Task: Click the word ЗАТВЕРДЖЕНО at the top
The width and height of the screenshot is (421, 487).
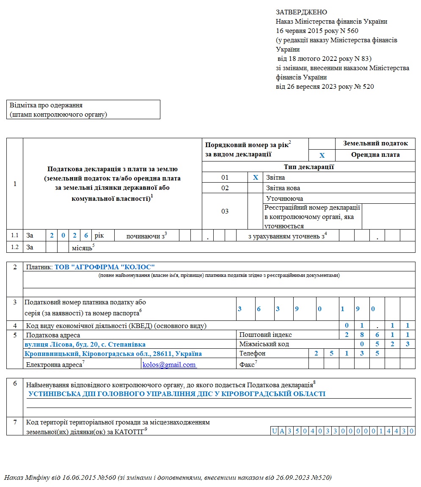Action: coord(301,12)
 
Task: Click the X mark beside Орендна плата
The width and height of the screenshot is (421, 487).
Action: coord(322,155)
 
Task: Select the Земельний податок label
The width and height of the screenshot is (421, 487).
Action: coord(375,143)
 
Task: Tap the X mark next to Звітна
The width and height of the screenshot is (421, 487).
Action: coord(256,178)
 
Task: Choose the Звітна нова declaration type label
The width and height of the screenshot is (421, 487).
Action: coord(283,188)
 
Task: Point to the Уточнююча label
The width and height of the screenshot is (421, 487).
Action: coord(284,198)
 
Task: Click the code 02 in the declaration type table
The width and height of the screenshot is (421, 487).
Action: coord(225,188)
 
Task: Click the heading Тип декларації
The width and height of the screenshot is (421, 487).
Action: coord(308,167)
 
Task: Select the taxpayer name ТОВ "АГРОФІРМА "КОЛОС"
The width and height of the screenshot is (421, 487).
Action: coord(105,267)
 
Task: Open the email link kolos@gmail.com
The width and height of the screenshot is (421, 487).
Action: coord(169,364)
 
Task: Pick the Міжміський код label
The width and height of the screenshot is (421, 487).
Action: coord(264,344)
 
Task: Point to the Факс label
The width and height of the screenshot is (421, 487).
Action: coord(248,364)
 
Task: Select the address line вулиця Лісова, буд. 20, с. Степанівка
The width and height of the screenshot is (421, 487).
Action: coord(85,344)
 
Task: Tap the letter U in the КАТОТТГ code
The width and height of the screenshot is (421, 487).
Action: coord(275,431)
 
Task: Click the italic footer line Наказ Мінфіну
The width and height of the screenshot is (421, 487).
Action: coord(168,478)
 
